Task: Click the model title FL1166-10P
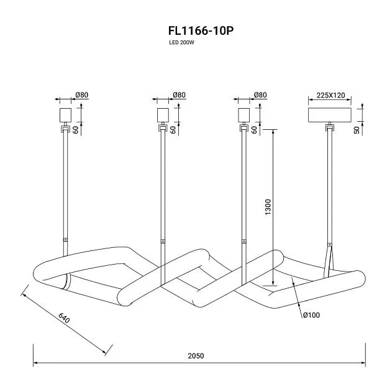(x=201, y=31)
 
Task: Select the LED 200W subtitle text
(x=181, y=42)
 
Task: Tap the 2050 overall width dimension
(x=196, y=356)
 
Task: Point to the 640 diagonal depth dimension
(x=64, y=318)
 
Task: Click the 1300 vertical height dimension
(x=268, y=207)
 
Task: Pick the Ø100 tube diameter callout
(x=311, y=315)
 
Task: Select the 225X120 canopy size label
(x=330, y=95)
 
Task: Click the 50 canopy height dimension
(x=357, y=130)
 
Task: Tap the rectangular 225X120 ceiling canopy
(x=330, y=115)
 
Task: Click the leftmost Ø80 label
(x=82, y=95)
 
